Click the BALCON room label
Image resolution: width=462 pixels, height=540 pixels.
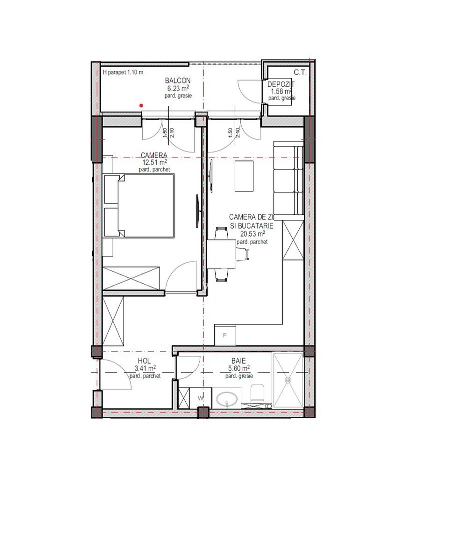point(178,80)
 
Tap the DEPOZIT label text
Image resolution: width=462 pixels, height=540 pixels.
point(281,85)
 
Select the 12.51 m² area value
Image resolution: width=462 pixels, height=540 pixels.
point(154,162)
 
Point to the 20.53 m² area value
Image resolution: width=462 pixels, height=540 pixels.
point(252,233)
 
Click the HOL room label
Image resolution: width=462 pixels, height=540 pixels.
point(144,361)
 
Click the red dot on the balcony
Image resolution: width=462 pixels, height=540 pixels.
point(142,105)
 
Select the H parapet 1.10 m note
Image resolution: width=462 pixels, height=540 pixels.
point(123,72)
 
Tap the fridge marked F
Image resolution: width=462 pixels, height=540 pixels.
point(225,334)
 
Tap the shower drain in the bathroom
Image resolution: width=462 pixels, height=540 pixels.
point(288,380)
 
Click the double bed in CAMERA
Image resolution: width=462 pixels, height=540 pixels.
point(146,205)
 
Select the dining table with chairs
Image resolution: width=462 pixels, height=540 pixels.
point(221,254)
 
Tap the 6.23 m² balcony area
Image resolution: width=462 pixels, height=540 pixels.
point(178,88)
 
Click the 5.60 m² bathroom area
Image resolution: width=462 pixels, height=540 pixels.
point(238,368)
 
